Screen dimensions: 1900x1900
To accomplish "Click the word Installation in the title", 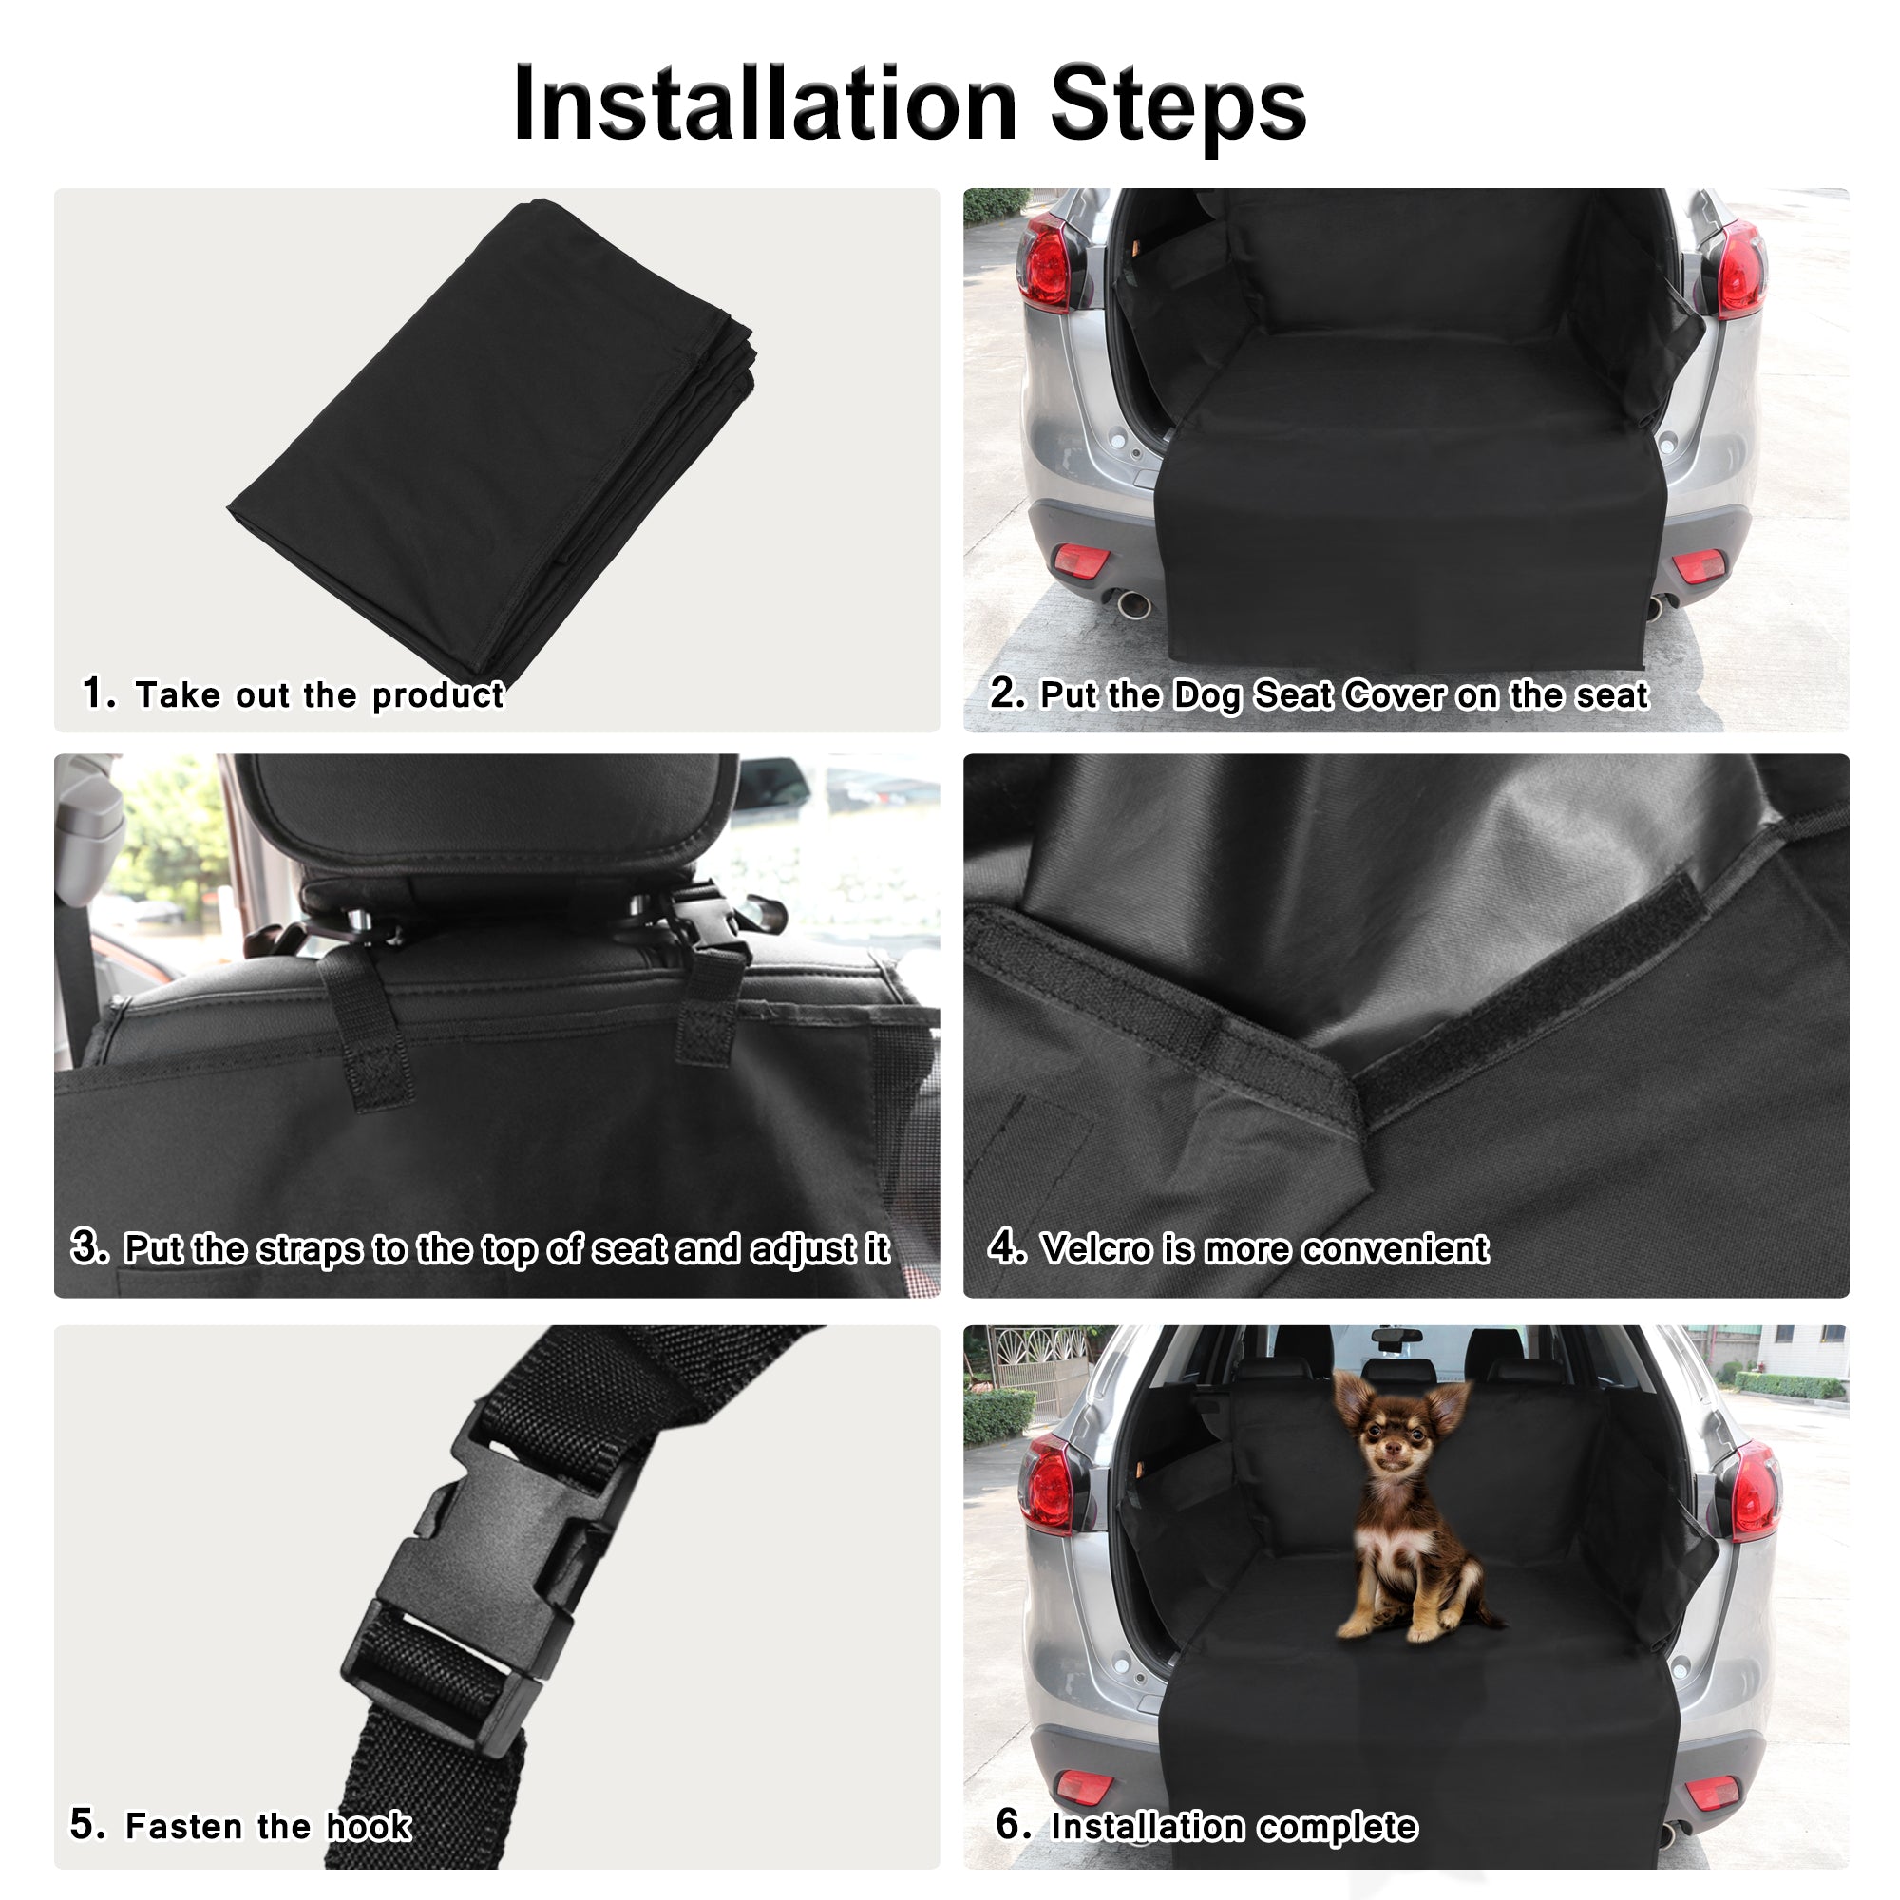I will coord(764,104).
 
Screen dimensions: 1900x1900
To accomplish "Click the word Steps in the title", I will coord(1177,104).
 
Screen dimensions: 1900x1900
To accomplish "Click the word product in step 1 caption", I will coord(438,695).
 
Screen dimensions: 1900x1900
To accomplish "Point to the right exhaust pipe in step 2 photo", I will coord(1655,606).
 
